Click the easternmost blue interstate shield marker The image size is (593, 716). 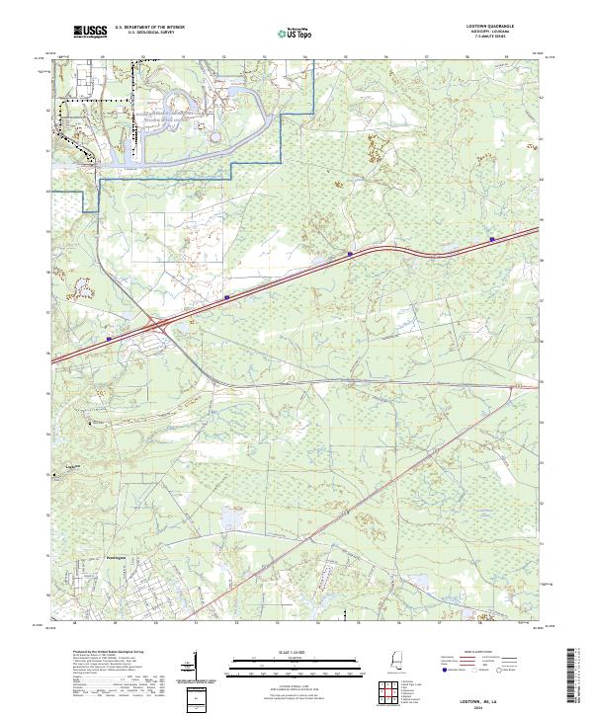coord(492,238)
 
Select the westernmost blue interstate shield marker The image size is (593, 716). coord(108,339)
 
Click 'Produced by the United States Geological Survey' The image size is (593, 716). coord(103,653)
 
